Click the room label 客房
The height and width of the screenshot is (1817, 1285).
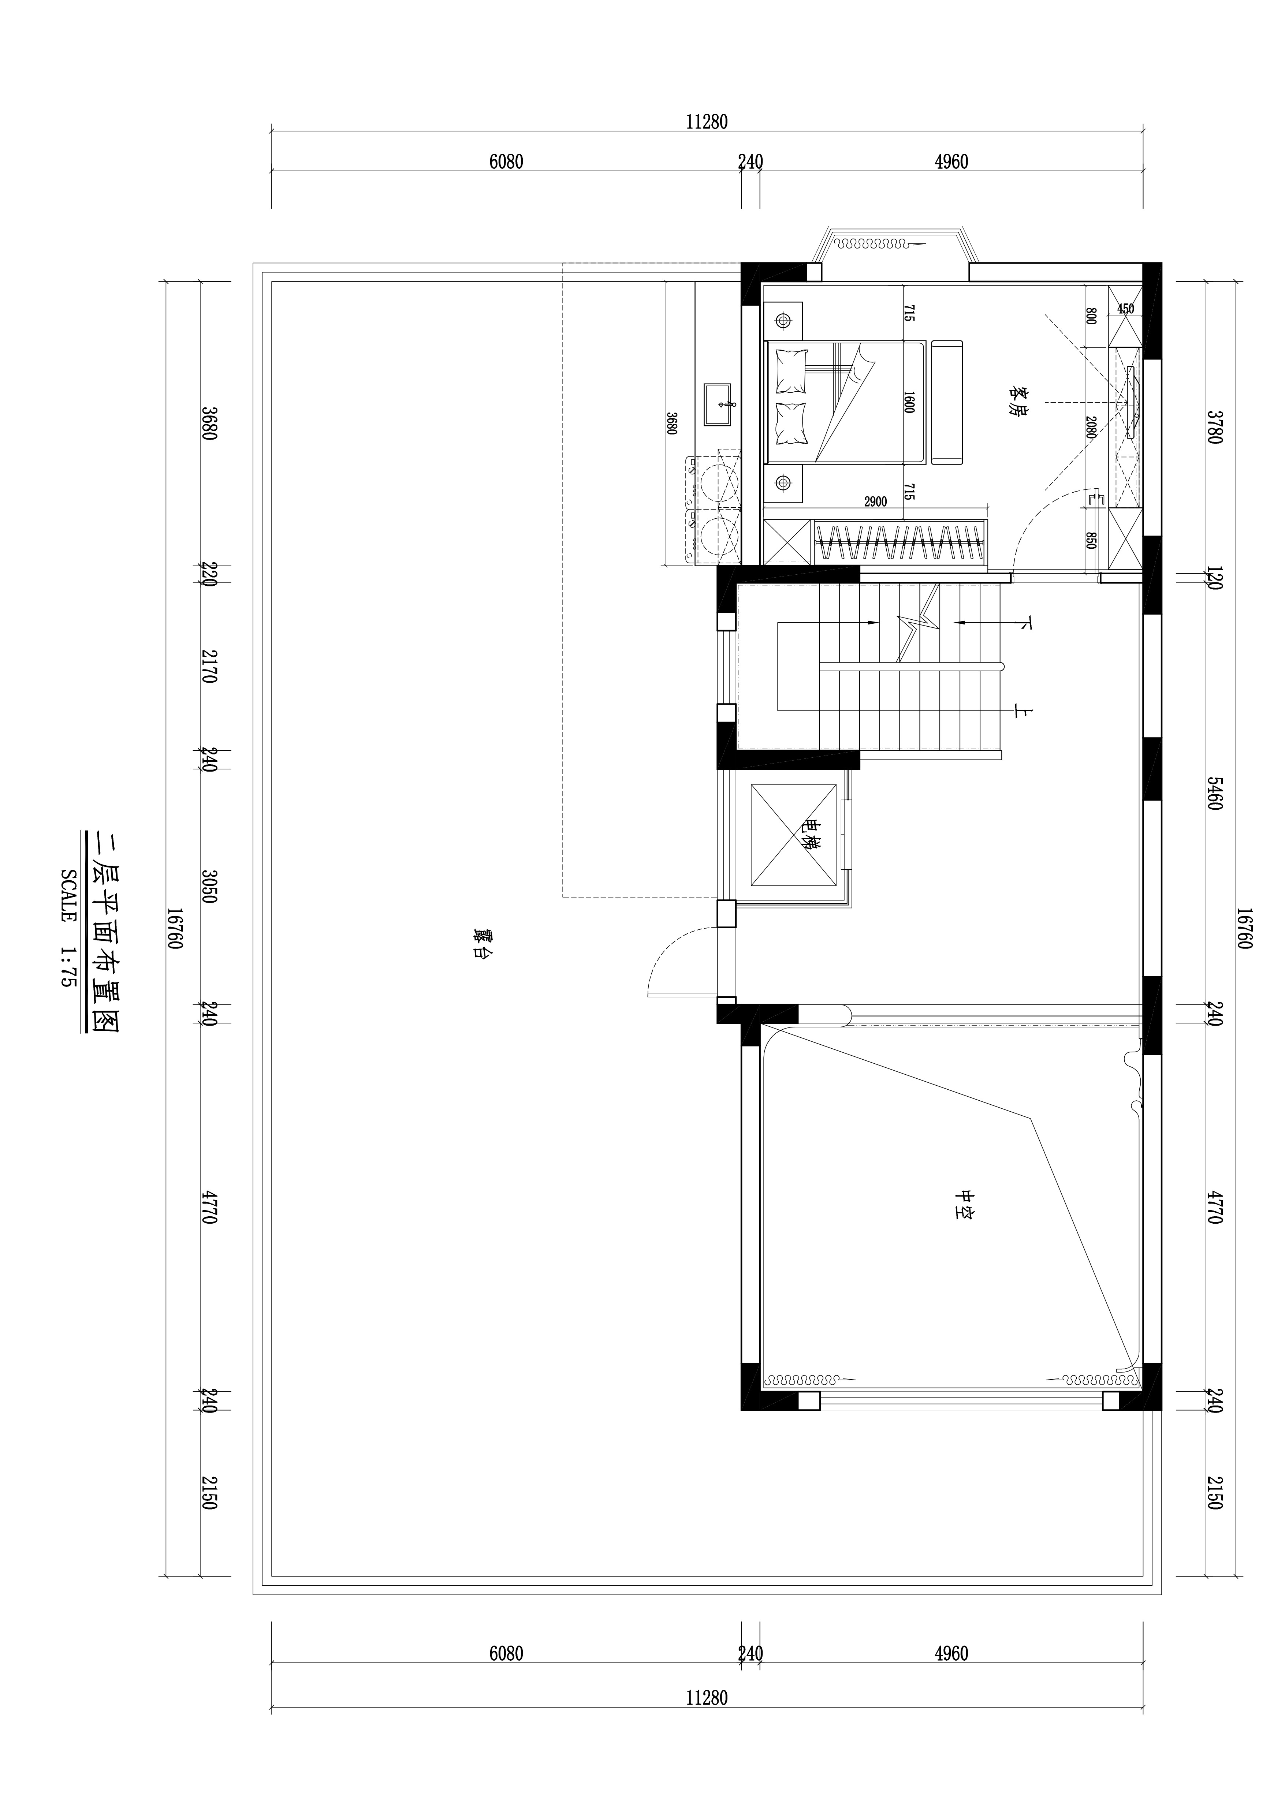pyautogui.click(x=1019, y=401)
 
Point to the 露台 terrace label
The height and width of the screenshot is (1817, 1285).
pyautogui.click(x=477, y=943)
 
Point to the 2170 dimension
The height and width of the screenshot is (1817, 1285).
pyautogui.click(x=208, y=666)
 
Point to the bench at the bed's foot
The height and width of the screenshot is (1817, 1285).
pyautogui.click(x=947, y=402)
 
